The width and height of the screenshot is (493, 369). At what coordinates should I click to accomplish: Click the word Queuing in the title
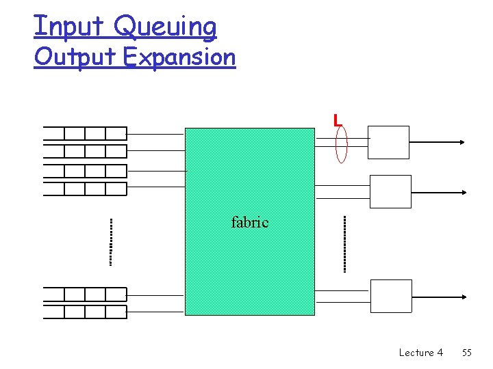165,27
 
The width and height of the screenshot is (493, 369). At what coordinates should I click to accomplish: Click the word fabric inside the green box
250,222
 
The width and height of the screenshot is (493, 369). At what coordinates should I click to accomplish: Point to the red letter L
337,121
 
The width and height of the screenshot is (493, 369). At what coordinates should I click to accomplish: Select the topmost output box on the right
388,142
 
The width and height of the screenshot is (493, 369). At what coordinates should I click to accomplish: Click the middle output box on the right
390,191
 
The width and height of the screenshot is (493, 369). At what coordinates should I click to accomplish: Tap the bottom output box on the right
391,296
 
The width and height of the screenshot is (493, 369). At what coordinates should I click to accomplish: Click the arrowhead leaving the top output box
462,142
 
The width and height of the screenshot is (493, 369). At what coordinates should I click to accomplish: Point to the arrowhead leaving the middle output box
463,191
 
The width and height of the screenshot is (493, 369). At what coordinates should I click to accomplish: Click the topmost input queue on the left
85,133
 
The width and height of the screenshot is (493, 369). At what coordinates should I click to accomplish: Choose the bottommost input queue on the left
85,312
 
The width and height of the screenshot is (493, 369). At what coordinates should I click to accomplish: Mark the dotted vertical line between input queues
110,241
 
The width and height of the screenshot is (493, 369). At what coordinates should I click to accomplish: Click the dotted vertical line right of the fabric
344,244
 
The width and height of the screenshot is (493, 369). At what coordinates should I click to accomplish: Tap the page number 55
467,353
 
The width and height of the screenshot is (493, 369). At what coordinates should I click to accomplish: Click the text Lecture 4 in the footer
420,353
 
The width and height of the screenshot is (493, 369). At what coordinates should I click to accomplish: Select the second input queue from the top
85,151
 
